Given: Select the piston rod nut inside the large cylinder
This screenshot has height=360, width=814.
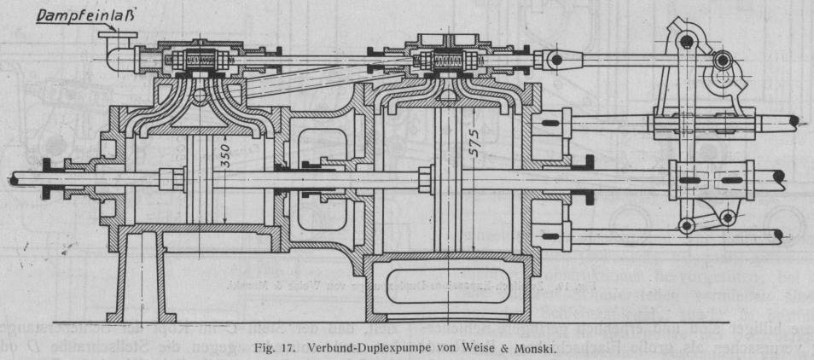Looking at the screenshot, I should [x=425, y=180].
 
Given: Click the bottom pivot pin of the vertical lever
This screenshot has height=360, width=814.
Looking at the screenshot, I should [x=684, y=224].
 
